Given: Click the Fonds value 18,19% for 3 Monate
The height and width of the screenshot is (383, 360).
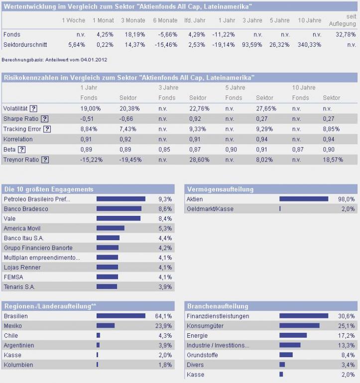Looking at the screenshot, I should pos(133,34).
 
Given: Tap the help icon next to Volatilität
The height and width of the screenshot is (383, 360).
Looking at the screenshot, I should pos(33,108).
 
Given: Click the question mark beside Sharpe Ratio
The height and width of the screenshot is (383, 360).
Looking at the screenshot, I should pos(44,118).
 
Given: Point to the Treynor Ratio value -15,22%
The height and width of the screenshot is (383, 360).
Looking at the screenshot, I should pos(91,160).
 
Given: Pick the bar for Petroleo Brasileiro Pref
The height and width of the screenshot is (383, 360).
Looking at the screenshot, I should pos(120,199).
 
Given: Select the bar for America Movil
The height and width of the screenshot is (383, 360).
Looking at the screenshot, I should pos(110,228).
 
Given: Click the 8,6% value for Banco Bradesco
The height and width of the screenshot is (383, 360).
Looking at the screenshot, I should pos(165,209).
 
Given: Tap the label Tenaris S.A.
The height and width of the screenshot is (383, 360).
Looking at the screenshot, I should pos(19,287).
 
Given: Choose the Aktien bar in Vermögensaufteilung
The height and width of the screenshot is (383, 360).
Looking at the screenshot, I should pos(304,199).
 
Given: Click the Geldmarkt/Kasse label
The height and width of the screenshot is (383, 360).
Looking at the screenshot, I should pos(210,209).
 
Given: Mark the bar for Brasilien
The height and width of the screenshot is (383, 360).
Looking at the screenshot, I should pos(120,316).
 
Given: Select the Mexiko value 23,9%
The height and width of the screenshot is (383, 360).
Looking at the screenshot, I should pos(164,326).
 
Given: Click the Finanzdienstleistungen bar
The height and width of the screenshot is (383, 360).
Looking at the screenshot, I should pos(304,316).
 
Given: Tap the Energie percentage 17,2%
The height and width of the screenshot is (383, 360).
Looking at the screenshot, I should pos(347,335).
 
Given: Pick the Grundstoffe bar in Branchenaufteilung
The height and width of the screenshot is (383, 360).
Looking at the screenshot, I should pos(286,355).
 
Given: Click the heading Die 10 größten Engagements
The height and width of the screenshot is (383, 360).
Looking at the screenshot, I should pos(48,190).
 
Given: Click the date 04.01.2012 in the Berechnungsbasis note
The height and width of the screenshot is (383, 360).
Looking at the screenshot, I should pos(94,60).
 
